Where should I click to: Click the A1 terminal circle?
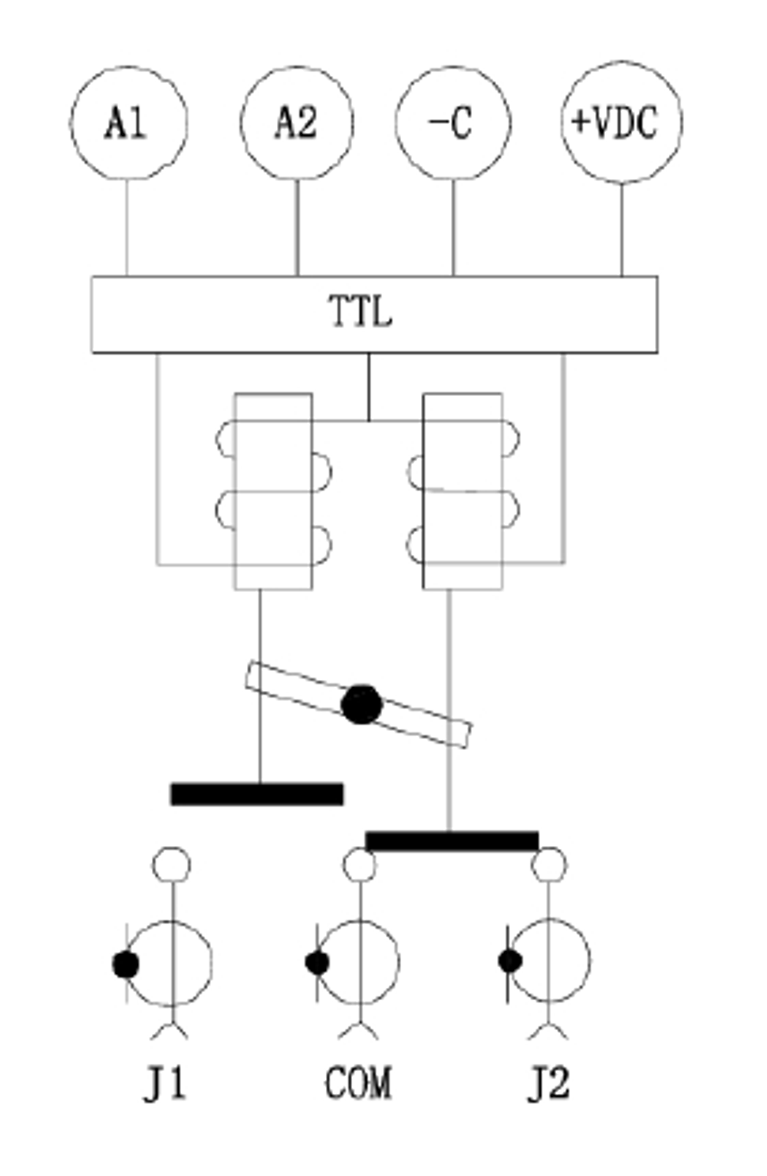[129, 123]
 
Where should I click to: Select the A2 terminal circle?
[297, 123]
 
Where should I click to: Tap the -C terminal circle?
[453, 123]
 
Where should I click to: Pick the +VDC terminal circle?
[622, 122]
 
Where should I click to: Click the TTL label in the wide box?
[360, 312]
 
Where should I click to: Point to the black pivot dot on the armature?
[361, 705]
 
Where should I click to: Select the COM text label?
[358, 1082]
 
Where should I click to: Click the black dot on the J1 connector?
[126, 964]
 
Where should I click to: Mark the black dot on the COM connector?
[318, 963]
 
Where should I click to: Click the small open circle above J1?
[172, 864]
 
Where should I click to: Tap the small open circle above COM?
[360, 864]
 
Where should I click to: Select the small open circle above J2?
[548, 864]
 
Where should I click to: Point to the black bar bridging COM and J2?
[452, 841]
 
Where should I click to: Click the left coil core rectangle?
[273, 491]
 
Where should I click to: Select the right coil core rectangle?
[463, 491]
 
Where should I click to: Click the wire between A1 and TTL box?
[127, 227]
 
